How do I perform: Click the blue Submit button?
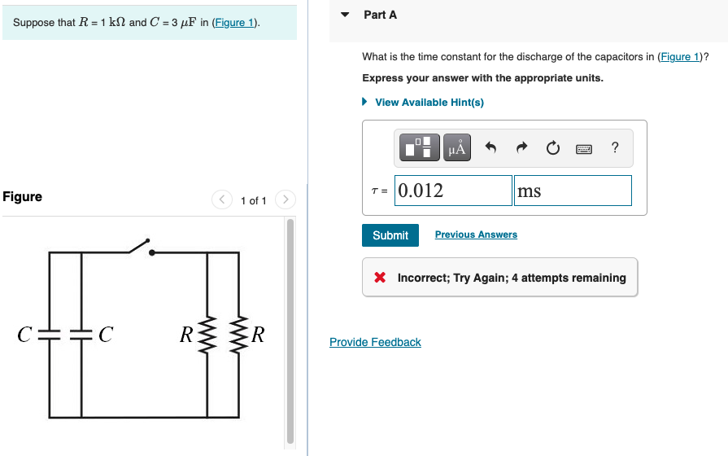point(390,235)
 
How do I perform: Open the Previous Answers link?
point(476,235)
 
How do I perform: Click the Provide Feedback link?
point(375,342)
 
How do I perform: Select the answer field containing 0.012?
point(453,191)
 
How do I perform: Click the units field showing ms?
point(573,191)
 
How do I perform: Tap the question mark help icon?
point(615,147)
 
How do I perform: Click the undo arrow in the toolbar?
point(490,148)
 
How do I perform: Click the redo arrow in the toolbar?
point(522,148)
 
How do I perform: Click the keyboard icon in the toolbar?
point(584,149)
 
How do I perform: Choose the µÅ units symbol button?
point(457,147)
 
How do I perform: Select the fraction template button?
point(421,147)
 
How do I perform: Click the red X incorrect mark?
point(380,278)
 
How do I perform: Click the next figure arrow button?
point(285,199)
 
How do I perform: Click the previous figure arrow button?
point(222,199)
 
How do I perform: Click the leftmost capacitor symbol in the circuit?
point(50,335)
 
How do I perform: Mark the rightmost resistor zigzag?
point(238,335)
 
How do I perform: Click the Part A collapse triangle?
point(345,15)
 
